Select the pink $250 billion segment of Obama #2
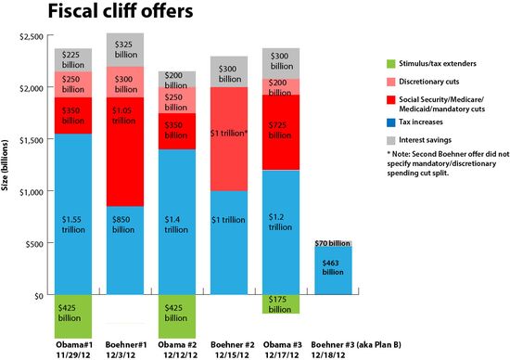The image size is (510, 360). pos(178,100)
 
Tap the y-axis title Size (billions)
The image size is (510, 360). pos(6,165)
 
